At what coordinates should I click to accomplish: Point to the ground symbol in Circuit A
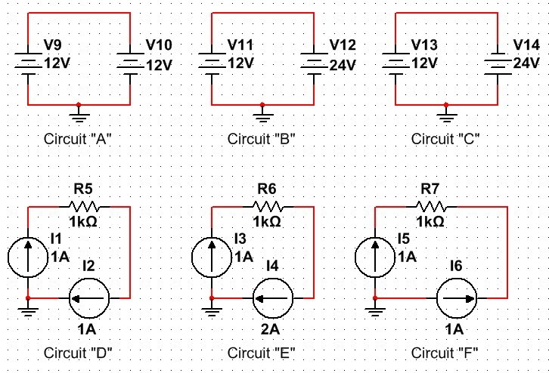[x=79, y=114]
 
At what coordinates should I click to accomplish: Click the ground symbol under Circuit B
[x=262, y=114]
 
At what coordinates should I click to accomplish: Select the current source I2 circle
[x=89, y=300]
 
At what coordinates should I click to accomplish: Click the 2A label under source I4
[x=272, y=329]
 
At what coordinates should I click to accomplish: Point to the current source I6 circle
[x=456, y=300]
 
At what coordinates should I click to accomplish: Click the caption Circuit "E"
[x=262, y=352]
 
